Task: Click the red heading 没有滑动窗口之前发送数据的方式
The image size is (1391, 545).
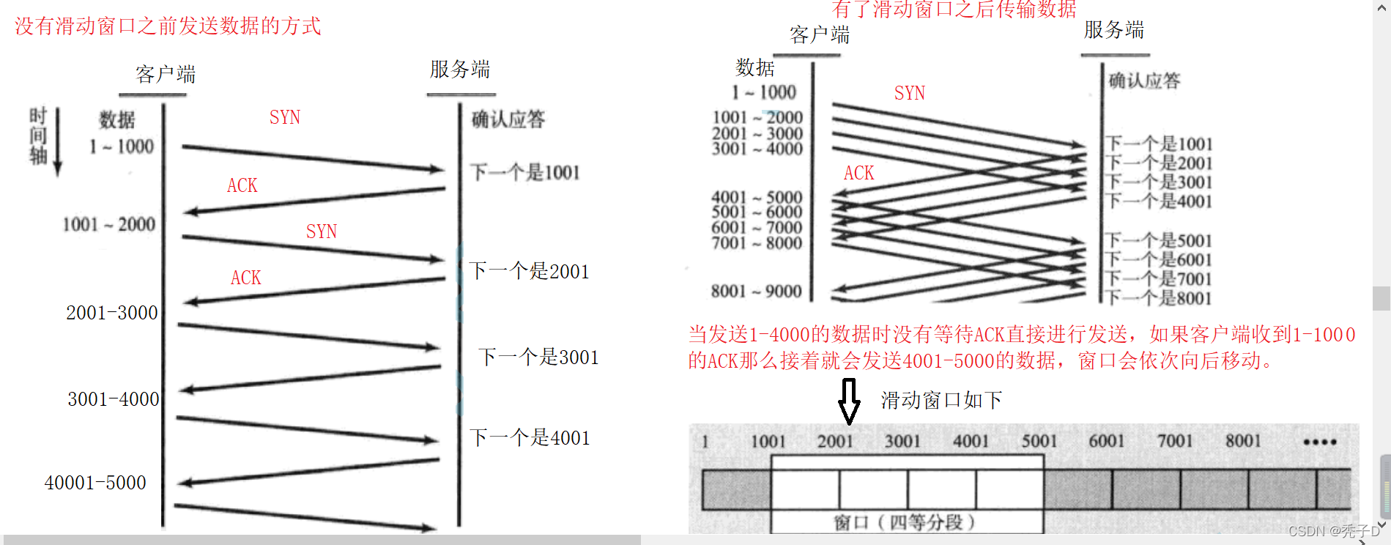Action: tap(168, 26)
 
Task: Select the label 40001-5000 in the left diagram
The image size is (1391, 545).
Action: tap(95, 483)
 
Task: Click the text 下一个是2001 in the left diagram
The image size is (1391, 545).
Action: tap(529, 272)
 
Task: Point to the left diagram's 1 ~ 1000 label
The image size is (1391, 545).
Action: tap(122, 147)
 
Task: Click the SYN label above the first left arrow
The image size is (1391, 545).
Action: tap(284, 117)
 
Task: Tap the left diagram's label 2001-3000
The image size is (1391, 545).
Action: tap(112, 313)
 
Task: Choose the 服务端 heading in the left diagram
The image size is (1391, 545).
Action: tap(460, 70)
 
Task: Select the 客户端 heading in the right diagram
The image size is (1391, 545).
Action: tap(820, 34)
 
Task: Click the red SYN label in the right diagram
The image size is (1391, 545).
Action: tap(909, 93)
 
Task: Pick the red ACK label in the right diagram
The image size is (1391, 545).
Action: tap(858, 173)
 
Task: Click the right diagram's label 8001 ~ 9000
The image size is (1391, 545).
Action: tap(756, 292)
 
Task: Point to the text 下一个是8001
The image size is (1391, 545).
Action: tap(1158, 298)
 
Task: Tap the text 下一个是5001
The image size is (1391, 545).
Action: tap(1158, 240)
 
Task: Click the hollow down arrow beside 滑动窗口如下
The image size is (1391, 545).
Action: tap(849, 401)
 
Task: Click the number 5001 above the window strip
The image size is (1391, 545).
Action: tap(1039, 441)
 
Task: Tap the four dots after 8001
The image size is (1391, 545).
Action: tap(1320, 442)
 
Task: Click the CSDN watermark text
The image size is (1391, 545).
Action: tap(1333, 531)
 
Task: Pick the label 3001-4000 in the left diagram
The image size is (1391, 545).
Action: tap(114, 399)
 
